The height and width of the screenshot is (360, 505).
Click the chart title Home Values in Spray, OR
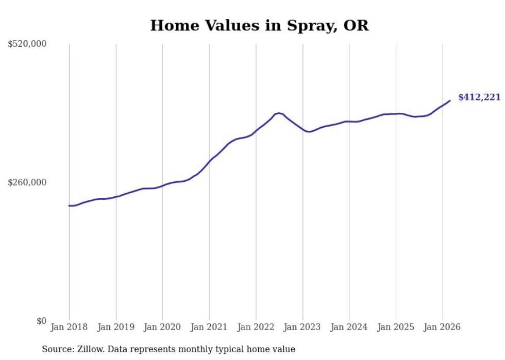259,25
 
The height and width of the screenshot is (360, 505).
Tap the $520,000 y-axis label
27,44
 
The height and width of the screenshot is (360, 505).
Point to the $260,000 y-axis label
27,182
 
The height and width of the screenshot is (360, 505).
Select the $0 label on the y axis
41,321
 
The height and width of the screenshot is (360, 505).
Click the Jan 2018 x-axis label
69,327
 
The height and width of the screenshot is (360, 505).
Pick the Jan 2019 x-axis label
116,327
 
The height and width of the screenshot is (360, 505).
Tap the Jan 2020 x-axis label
162,327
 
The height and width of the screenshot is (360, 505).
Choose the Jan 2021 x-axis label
209,327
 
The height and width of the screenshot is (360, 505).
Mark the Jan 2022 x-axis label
256,327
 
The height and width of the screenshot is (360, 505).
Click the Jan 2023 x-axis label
302,327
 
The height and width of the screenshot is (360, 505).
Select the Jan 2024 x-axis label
349,327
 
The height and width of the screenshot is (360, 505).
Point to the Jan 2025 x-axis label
396,327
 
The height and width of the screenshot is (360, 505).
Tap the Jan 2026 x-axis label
442,327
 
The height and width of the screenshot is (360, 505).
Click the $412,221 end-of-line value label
479,97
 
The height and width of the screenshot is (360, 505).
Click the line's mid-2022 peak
279,113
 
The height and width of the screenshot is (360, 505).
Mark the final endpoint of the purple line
450,100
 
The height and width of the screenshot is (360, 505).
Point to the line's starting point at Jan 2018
69,205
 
